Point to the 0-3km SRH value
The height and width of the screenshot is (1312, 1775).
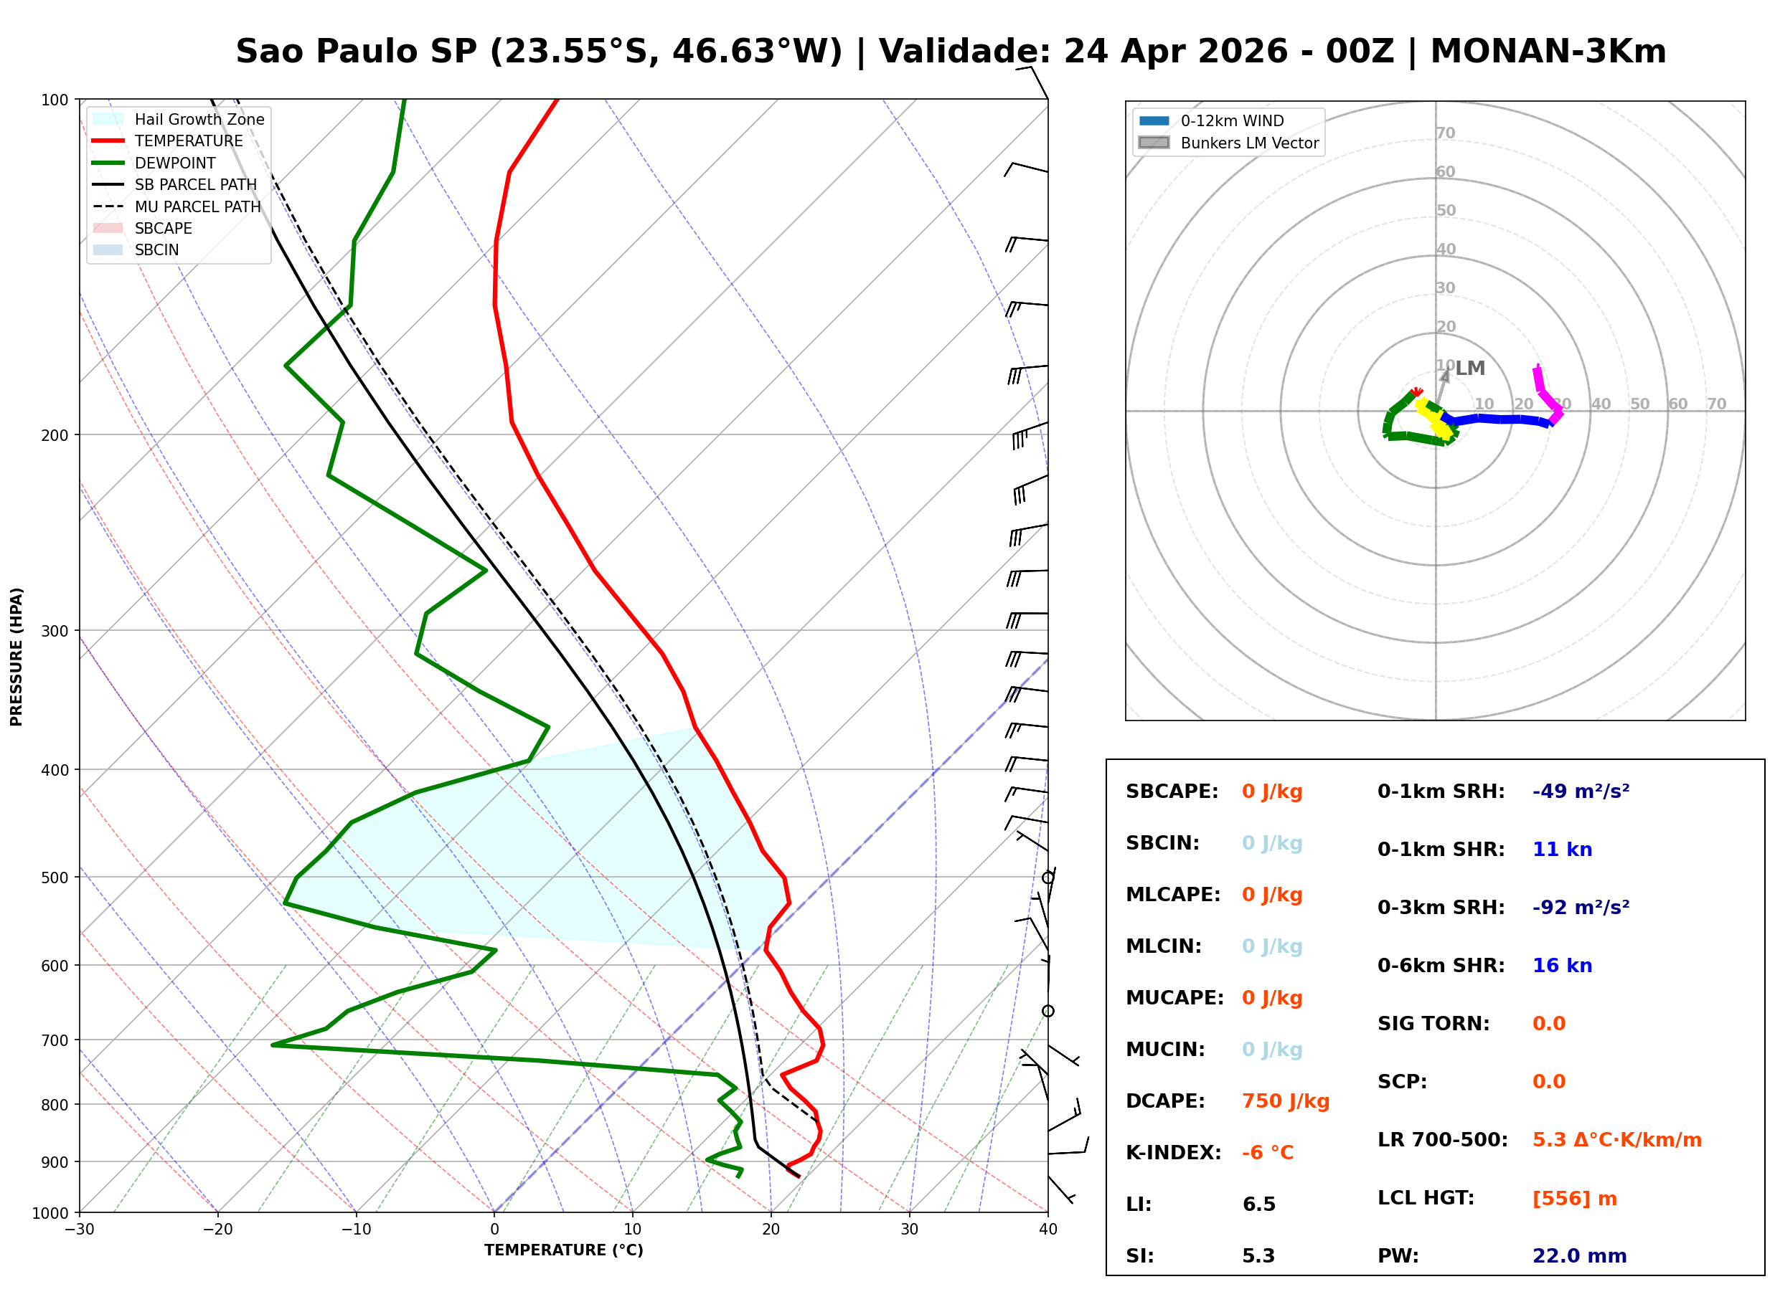(x=1581, y=907)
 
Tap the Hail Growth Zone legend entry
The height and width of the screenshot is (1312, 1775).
(x=199, y=119)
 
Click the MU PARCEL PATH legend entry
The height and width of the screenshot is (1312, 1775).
(x=197, y=206)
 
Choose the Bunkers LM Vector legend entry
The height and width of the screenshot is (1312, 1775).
(x=1248, y=143)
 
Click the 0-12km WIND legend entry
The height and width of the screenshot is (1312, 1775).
(x=1232, y=120)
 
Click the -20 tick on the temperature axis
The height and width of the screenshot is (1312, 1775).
(x=217, y=1230)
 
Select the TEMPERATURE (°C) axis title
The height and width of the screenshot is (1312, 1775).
(x=563, y=1250)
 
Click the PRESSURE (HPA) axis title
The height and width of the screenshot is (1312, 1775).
(x=17, y=656)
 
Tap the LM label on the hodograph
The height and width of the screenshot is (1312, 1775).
(x=1469, y=369)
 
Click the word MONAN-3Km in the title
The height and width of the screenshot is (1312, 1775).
(x=1548, y=52)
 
